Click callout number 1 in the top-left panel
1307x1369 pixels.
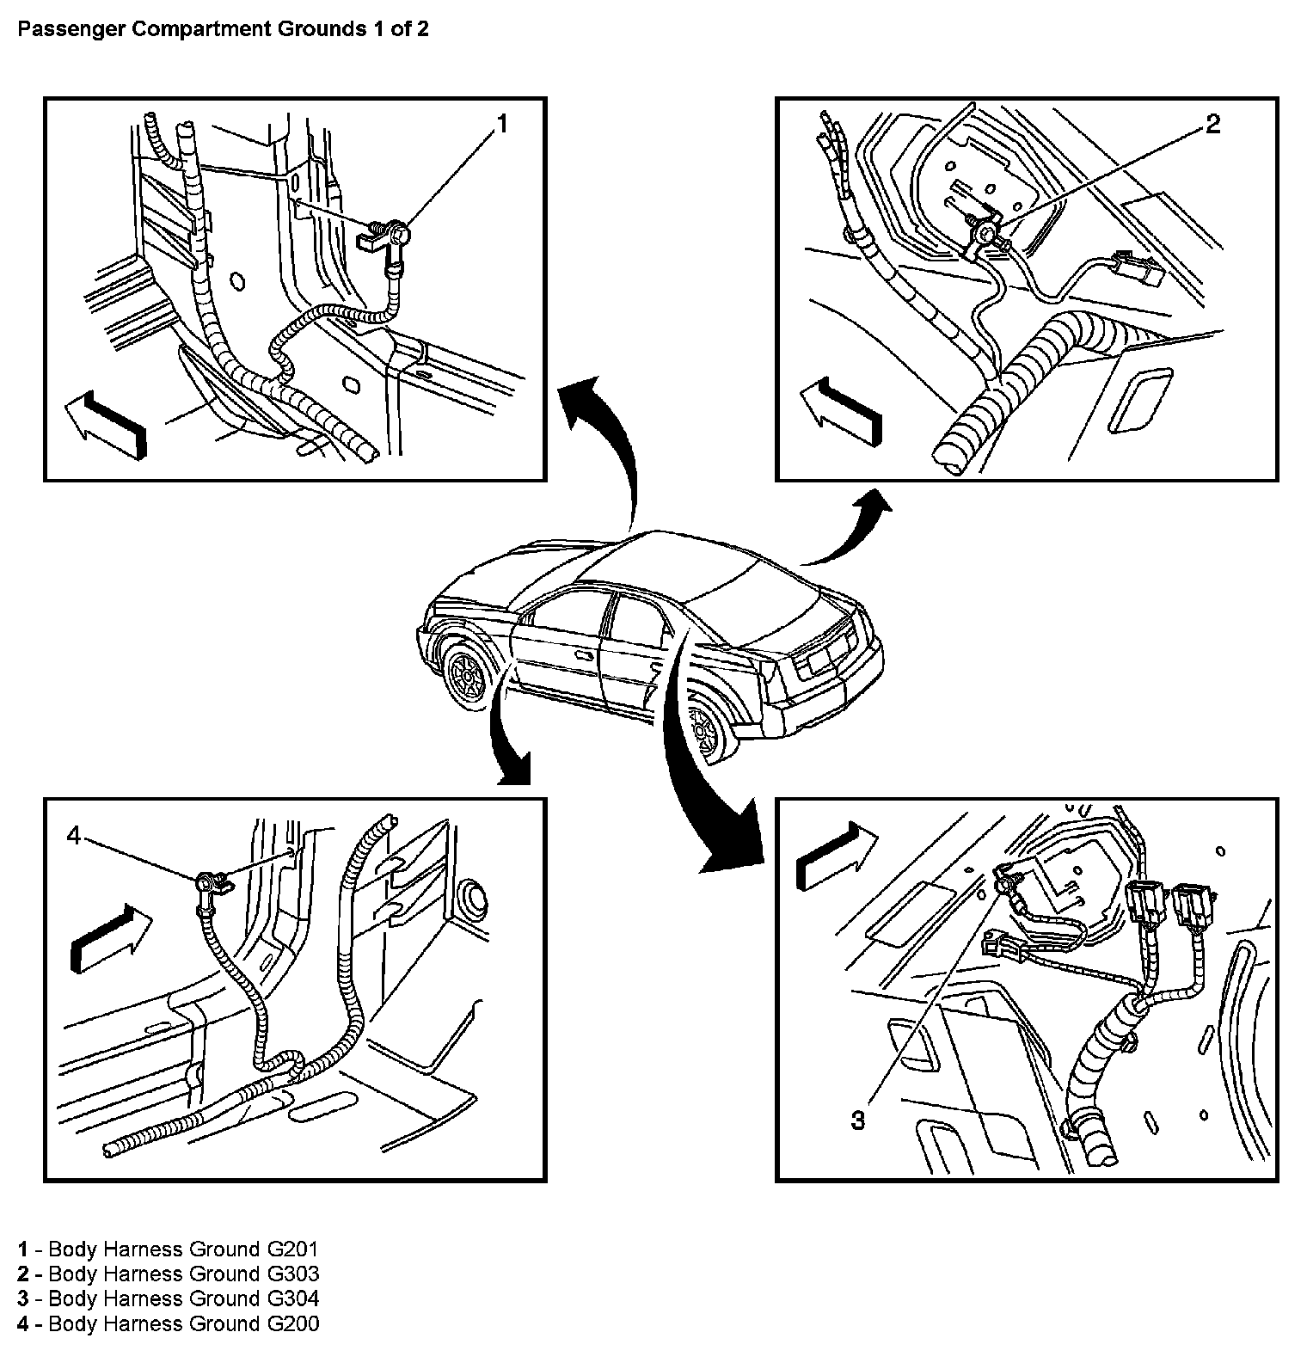502,125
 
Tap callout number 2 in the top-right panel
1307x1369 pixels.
1212,125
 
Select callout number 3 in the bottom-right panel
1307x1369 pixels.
858,1120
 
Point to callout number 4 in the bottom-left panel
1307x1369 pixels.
74,835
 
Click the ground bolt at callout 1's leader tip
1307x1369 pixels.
396,233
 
